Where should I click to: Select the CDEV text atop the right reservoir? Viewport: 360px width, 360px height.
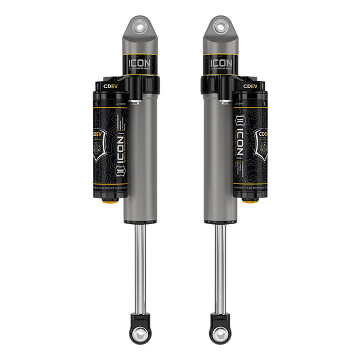[x=250, y=86]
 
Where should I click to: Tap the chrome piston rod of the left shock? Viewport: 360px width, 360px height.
[x=140, y=267]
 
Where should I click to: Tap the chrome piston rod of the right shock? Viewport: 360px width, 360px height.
[x=219, y=267]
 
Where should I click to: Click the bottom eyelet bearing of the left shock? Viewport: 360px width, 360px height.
[x=140, y=334]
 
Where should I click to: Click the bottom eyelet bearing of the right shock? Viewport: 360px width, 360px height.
[x=219, y=334]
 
